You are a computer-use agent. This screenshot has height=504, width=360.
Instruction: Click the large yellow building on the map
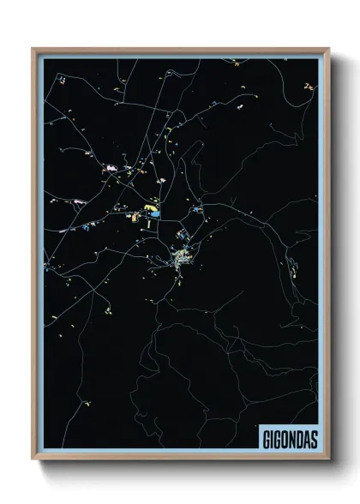click(148, 208)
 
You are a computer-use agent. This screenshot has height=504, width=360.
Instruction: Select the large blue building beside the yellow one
click(156, 213)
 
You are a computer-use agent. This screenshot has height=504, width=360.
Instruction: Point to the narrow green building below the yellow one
click(149, 223)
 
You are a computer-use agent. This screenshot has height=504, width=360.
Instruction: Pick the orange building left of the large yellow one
click(134, 216)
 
